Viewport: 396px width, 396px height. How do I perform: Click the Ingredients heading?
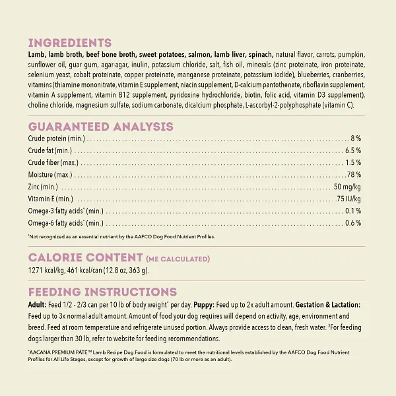(69, 43)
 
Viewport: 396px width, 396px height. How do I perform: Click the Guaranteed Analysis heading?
(100, 127)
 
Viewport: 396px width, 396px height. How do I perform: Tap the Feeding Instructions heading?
(102, 292)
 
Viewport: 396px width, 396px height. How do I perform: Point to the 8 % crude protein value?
(356, 139)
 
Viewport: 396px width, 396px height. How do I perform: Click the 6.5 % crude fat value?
(353, 150)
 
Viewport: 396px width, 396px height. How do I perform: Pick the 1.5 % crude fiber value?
(353, 162)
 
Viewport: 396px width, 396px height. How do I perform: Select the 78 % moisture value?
(354, 175)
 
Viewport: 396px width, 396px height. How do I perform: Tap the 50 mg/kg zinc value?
(347, 187)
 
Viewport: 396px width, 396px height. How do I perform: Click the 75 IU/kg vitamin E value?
(348, 199)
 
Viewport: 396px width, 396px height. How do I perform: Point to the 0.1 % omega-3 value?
(353, 211)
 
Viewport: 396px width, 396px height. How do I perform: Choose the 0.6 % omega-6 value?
(353, 223)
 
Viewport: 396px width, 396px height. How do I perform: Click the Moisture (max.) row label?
(50, 175)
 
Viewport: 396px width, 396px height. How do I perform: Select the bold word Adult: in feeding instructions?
(38, 305)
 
